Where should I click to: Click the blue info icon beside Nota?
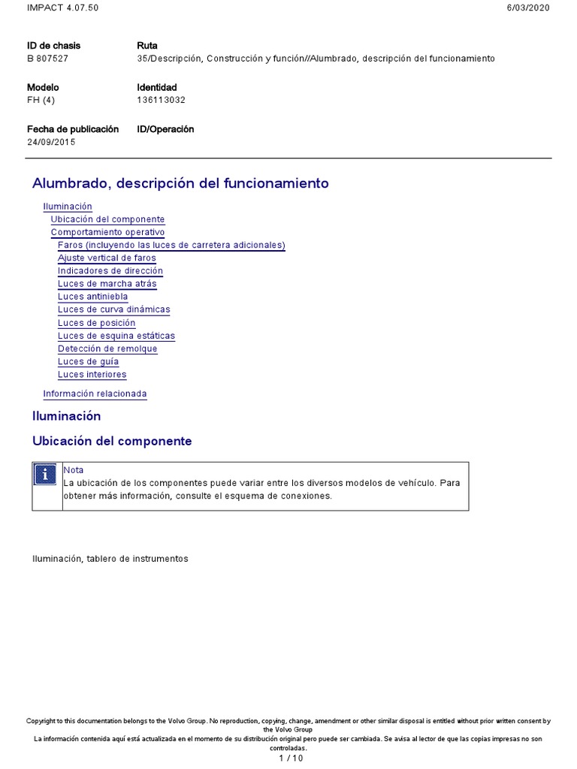point(47,475)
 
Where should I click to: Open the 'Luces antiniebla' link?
point(92,297)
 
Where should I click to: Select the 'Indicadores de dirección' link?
point(110,271)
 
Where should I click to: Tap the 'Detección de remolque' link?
point(107,348)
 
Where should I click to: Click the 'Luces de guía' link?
point(88,361)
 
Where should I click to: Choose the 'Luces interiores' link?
point(92,374)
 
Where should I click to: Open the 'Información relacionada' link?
point(95,394)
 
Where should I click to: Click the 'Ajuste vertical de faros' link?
point(107,258)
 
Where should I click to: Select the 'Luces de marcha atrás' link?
point(107,284)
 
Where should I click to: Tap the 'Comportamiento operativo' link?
point(107,233)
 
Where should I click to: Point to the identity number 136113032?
point(161,100)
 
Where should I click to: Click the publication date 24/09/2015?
point(51,142)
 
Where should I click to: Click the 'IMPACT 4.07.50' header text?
point(62,8)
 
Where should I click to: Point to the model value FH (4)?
point(42,100)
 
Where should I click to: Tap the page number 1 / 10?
point(291,758)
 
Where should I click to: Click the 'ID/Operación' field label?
point(165,129)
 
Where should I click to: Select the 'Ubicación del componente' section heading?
point(112,442)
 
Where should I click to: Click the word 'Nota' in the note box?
point(74,470)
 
